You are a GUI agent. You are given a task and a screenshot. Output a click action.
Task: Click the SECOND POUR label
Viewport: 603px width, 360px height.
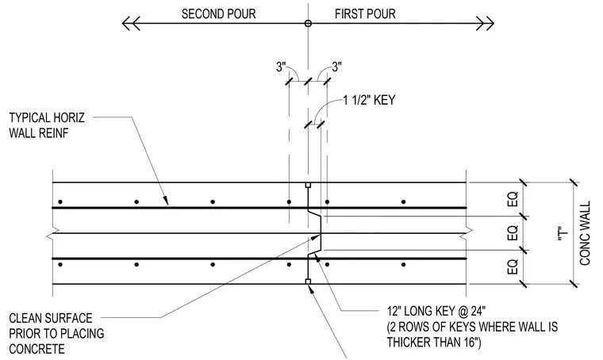coord(218,13)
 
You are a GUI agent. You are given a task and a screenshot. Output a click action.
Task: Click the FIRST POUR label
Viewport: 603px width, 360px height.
coord(365,13)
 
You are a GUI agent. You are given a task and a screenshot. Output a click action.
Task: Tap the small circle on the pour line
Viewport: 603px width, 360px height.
coord(308,24)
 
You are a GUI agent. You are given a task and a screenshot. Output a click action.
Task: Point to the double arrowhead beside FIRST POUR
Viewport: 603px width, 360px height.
coord(486,24)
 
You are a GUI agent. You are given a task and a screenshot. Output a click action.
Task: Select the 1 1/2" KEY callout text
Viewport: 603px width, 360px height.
coord(369,100)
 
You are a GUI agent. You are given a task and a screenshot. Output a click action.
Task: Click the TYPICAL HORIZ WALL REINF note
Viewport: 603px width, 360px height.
coord(47,125)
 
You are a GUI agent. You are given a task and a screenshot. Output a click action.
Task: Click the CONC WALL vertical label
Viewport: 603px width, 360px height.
coord(585,233)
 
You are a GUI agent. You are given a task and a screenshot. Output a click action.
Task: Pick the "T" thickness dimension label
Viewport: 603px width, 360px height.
coord(563,234)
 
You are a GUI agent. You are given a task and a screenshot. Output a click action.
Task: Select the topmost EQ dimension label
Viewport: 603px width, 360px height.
coord(513,199)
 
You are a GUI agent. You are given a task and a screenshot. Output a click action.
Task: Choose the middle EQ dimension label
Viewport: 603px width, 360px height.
coord(513,233)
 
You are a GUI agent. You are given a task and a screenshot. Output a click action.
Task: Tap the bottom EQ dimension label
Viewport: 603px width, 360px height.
coord(513,266)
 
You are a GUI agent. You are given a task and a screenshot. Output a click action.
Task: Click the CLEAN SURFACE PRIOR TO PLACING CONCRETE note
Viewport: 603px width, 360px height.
coord(56,334)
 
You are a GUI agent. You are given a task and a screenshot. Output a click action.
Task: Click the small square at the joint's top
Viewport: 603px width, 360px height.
coord(308,186)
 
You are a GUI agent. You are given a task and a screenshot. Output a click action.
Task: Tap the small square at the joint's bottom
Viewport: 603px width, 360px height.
coord(308,281)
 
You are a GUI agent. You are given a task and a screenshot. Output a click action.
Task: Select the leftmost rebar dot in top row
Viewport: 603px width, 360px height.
coord(60,201)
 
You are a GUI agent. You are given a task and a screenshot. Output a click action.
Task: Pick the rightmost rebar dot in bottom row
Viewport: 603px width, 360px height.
coord(403,264)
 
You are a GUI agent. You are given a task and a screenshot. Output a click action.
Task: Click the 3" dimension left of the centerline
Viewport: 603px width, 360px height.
coord(281,67)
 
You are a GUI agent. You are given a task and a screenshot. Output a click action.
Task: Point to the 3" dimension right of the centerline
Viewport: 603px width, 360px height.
coord(336,67)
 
